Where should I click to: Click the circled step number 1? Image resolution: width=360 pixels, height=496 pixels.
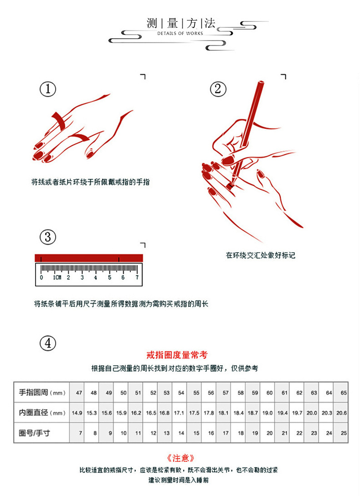pyautogui.click(x=48, y=89)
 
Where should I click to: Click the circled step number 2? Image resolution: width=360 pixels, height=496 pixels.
pyautogui.click(x=218, y=89)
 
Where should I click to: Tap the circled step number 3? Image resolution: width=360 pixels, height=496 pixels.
pyautogui.click(x=48, y=237)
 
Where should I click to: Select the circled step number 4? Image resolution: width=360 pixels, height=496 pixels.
pyautogui.click(x=48, y=343)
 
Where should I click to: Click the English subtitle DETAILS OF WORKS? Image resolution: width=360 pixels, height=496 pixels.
pyautogui.click(x=180, y=34)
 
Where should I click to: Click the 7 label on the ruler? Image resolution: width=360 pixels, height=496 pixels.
pyautogui.click(x=137, y=277)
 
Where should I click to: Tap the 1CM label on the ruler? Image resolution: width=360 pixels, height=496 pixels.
pyautogui.click(x=57, y=277)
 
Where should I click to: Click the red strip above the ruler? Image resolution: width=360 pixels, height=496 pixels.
pyautogui.click(x=89, y=258)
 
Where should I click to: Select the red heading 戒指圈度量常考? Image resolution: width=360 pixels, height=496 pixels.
pyautogui.click(x=177, y=355)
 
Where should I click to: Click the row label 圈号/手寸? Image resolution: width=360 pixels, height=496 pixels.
pyautogui.click(x=35, y=433)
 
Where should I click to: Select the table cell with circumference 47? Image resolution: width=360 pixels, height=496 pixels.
pyautogui.click(x=79, y=393)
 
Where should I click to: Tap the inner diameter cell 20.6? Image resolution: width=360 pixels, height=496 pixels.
pyautogui.click(x=341, y=413)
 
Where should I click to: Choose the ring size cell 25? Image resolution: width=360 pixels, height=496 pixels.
pyautogui.click(x=343, y=433)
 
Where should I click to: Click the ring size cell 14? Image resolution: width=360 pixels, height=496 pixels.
pyautogui.click(x=181, y=433)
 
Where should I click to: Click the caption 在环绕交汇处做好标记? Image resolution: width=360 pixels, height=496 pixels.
pyautogui.click(x=260, y=256)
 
